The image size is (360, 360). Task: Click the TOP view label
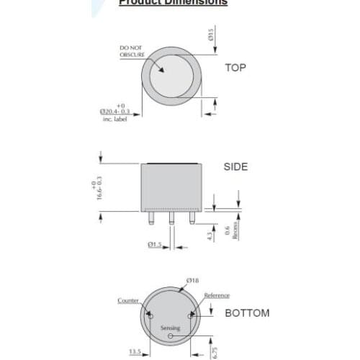(x=235, y=68)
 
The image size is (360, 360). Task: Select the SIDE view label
(x=235, y=166)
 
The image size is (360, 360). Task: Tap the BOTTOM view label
(x=247, y=313)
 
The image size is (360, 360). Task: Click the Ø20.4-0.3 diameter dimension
(x=114, y=112)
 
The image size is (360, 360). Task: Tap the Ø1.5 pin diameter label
(x=155, y=245)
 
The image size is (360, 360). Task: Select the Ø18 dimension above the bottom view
(x=192, y=279)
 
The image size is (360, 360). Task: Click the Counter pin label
(x=128, y=300)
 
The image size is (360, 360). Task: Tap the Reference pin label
(x=217, y=295)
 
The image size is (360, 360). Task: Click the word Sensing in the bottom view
(x=170, y=328)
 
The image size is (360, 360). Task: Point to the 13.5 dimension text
(x=135, y=352)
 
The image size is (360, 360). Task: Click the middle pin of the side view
(x=171, y=218)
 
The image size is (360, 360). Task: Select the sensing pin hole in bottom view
(x=171, y=336)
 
